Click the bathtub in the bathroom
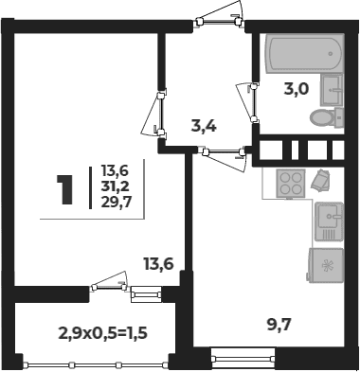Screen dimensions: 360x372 tap(305, 54)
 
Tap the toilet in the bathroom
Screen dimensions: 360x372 tap(327, 117)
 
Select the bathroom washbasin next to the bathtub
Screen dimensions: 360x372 tap(332, 90)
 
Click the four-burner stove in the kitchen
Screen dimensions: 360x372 tap(291, 184)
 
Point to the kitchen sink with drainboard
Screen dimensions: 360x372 tap(329, 221)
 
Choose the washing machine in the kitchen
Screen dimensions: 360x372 tap(325, 265)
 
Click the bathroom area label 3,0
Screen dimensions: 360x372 tap(296, 90)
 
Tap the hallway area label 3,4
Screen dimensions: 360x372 tap(204, 127)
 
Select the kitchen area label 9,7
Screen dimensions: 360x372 tap(279, 325)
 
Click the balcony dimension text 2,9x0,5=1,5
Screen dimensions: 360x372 tap(103, 333)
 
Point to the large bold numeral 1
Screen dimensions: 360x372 tap(65, 189)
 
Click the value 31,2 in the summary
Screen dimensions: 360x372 tap(115, 187)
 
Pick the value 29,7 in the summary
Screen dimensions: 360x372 tap(116, 203)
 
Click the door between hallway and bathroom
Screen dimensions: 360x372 tap(248, 101)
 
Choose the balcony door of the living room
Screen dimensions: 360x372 tap(109, 281)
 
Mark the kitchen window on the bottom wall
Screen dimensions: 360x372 tap(243, 358)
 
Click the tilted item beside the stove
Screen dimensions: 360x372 tap(320, 181)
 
